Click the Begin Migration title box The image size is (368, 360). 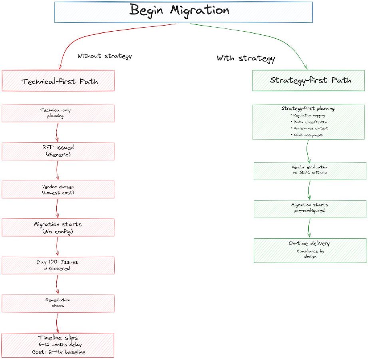click(183, 11)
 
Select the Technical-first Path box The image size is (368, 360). click(58, 81)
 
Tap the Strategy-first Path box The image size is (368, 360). click(309, 80)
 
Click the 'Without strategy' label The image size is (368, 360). click(104, 56)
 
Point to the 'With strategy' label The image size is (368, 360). click(246, 58)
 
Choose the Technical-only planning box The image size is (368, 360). click(58, 113)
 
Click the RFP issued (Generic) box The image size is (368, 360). click(58, 152)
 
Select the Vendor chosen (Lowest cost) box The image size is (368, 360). click(58, 190)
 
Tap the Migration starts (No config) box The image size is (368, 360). click(58, 228)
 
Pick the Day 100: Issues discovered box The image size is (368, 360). click(58, 266)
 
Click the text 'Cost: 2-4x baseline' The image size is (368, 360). click(58, 352)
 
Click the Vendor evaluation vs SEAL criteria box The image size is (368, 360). click(310, 171)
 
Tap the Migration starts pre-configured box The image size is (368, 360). click(310, 209)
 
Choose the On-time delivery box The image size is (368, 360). click(310, 250)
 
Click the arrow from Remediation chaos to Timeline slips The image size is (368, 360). click(58, 322)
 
